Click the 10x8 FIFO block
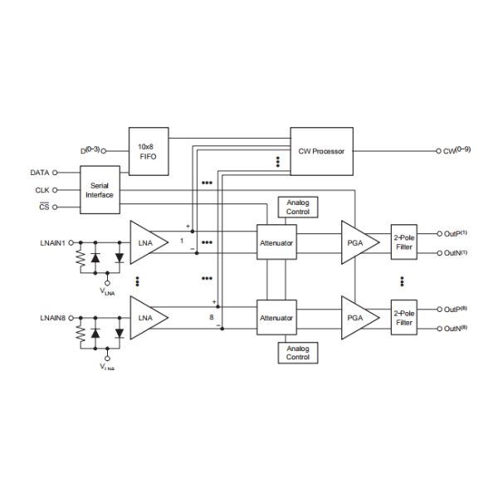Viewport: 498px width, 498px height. pos(148,151)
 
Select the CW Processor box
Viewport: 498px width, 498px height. pos(320,151)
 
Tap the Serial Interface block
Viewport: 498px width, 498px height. pos(99,190)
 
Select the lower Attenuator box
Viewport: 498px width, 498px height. pos(276,317)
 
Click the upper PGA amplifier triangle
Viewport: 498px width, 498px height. pos(359,242)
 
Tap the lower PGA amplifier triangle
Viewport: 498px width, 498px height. pos(359,317)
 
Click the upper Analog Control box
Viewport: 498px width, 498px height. pos(297,207)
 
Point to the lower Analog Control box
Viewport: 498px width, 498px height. pos(297,353)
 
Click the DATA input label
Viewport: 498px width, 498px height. pos(39,173)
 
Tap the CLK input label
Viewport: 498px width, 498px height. pos(41,189)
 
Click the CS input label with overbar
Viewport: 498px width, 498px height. pos(45,206)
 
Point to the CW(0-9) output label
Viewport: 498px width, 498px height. pos(457,151)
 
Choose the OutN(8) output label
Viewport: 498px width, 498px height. pos(457,330)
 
